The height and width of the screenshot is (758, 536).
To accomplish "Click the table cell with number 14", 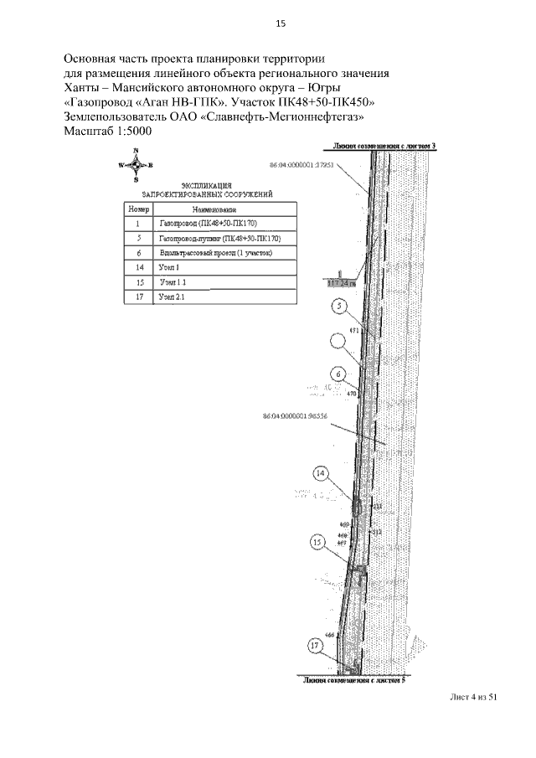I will tap(137, 267).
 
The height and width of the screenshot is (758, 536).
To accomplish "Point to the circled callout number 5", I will tap(338, 307).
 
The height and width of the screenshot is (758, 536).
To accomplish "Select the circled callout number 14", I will tap(322, 474).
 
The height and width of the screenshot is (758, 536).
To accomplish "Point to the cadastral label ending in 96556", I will tap(293, 415).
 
